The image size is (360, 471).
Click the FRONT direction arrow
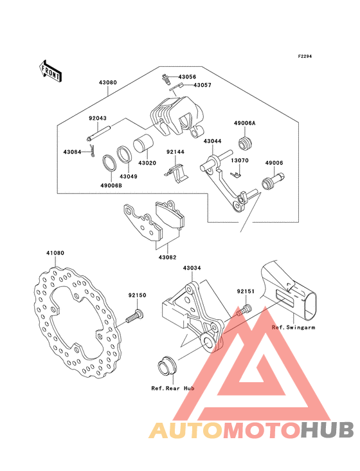(50, 71)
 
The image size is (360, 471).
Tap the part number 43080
(108, 82)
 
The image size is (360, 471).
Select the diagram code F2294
(305, 56)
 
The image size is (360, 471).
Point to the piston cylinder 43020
(143, 144)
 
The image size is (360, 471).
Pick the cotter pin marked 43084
(93, 150)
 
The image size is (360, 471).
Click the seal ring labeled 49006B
(108, 163)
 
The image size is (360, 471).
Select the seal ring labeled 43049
(124, 154)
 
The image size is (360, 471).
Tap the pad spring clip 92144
(176, 174)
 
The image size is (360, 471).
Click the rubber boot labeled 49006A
(245, 143)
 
